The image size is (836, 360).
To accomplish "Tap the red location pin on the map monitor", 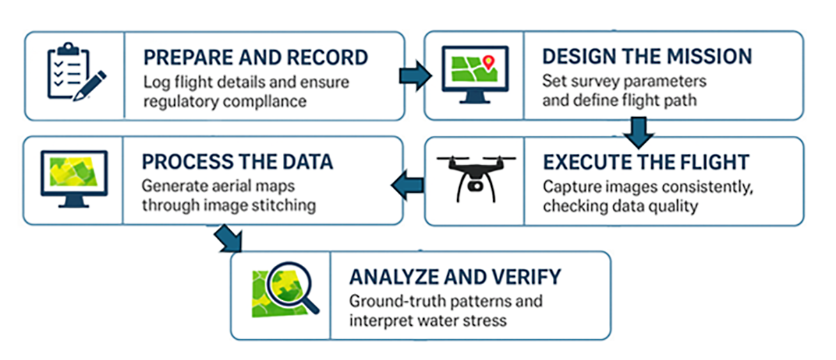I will (x=488, y=62).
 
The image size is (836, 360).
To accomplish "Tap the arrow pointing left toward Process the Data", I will (x=407, y=185).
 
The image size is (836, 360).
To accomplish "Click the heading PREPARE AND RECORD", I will (x=255, y=57).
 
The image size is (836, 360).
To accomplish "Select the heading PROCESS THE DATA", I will (x=238, y=162).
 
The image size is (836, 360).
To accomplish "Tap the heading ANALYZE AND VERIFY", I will (x=455, y=276).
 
